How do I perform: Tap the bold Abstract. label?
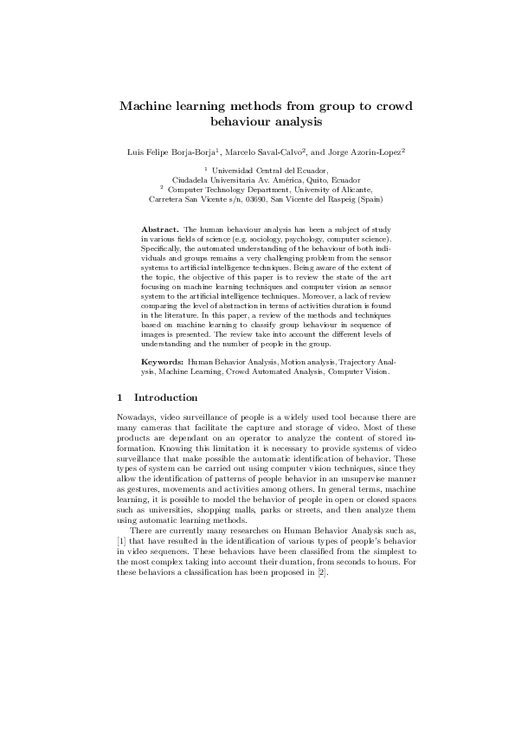tap(160, 228)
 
